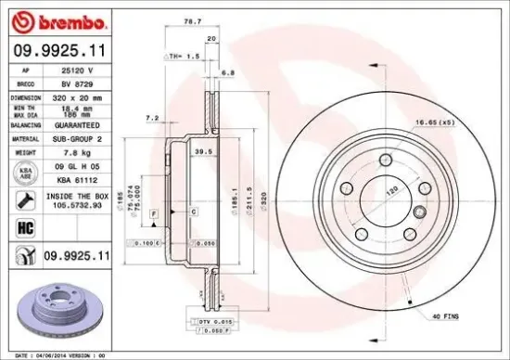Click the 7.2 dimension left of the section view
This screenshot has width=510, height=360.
click(x=152, y=118)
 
